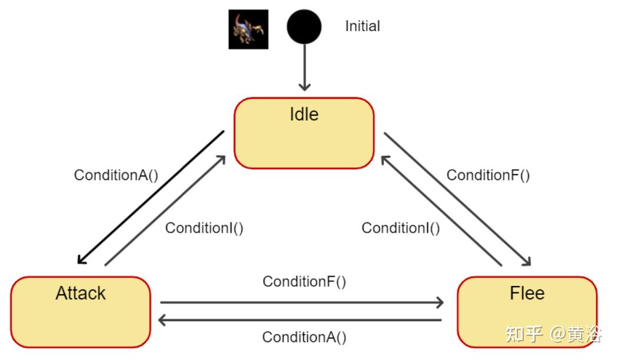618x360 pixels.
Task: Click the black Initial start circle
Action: click(304, 27)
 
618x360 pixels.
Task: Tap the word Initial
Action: click(362, 26)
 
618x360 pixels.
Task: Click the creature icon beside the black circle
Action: click(248, 29)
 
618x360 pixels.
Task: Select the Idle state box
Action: click(304, 134)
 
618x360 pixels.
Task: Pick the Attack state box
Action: click(81, 311)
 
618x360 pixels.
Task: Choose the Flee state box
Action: click(527, 311)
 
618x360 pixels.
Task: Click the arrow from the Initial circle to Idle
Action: click(304, 68)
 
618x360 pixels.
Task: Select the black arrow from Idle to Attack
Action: click(151, 197)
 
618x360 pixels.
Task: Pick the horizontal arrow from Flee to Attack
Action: click(300, 321)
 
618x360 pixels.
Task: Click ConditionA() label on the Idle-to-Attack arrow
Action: click(116, 175)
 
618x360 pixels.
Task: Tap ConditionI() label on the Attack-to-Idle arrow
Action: click(204, 228)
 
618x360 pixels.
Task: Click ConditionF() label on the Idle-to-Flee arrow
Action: click(488, 175)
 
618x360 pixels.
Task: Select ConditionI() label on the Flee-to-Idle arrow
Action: click(400, 228)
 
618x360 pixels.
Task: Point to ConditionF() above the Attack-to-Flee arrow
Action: click(304, 282)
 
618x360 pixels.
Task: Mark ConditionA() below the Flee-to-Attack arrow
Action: click(304, 338)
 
